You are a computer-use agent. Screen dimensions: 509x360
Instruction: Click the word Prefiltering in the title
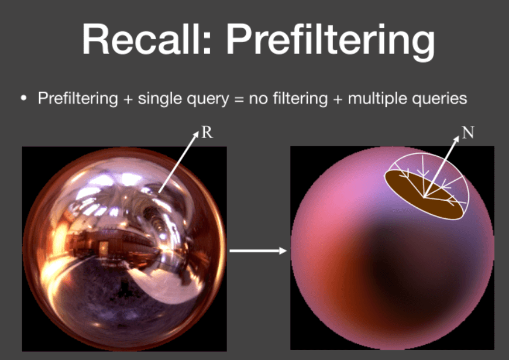330,41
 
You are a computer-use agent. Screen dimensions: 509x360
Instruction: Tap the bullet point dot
23,98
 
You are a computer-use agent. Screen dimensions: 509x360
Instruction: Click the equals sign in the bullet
239,99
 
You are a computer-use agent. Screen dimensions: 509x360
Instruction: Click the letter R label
207,132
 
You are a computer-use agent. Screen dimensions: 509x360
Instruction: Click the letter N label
468,132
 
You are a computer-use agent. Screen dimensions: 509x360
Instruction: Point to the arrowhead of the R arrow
196,134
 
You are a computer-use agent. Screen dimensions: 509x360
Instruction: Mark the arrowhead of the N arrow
456,138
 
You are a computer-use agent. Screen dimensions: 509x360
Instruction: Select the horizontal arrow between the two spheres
259,251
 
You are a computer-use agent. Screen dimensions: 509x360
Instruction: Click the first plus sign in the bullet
128,99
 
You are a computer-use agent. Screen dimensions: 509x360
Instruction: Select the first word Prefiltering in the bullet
78,98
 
